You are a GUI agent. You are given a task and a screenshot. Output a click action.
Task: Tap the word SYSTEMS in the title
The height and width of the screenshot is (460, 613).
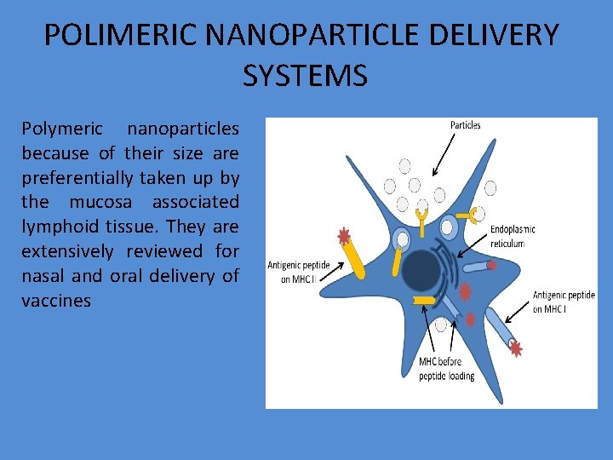[x=305, y=76]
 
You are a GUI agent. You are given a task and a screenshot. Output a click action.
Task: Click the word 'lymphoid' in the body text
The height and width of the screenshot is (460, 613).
[x=55, y=227]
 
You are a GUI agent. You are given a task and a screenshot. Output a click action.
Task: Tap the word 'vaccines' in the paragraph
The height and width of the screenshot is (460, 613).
[x=56, y=301]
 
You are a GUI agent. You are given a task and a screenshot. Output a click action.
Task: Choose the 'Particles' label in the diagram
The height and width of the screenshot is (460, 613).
[x=465, y=125]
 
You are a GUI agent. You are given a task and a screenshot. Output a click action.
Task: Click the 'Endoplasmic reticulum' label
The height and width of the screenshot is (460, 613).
[x=513, y=237]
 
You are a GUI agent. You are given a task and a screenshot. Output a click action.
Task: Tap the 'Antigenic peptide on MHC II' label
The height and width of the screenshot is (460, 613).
[x=299, y=271]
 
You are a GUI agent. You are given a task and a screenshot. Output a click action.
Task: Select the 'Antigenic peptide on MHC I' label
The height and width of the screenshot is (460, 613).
[x=564, y=302]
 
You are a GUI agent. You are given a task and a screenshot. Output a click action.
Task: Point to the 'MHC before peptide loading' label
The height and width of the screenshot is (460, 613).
[x=446, y=369]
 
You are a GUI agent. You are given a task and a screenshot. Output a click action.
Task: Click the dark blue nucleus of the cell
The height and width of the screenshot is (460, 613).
[x=421, y=271]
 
